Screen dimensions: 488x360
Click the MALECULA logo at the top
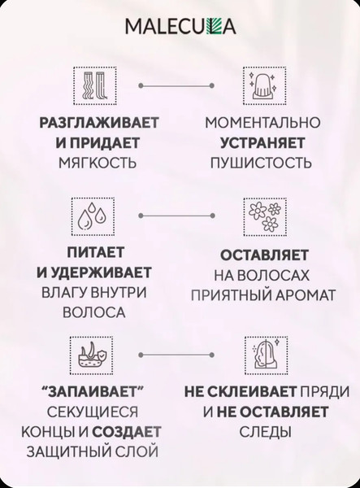click(180, 27)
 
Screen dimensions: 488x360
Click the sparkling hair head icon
click(260, 84)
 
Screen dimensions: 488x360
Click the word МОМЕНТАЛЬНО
click(262, 124)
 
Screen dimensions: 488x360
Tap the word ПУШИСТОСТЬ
click(262, 162)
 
